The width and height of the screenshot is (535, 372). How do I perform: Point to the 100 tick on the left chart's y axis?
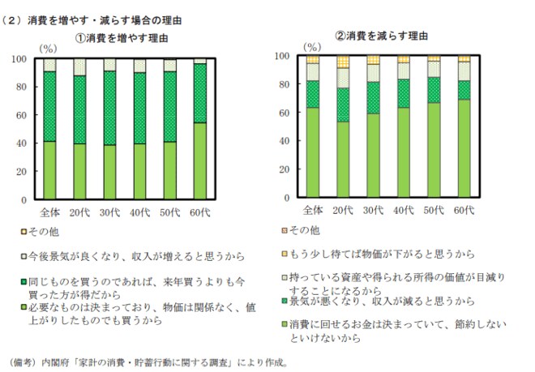tap(22, 58)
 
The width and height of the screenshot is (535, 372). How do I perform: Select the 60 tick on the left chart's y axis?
tap(24, 114)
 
